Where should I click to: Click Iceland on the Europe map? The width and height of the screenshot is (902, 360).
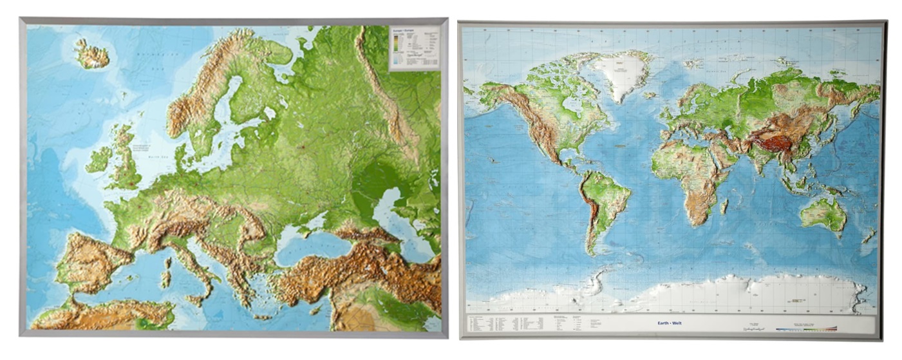92,54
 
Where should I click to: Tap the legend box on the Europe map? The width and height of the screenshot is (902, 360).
414,48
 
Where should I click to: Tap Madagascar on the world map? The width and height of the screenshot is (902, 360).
724,206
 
